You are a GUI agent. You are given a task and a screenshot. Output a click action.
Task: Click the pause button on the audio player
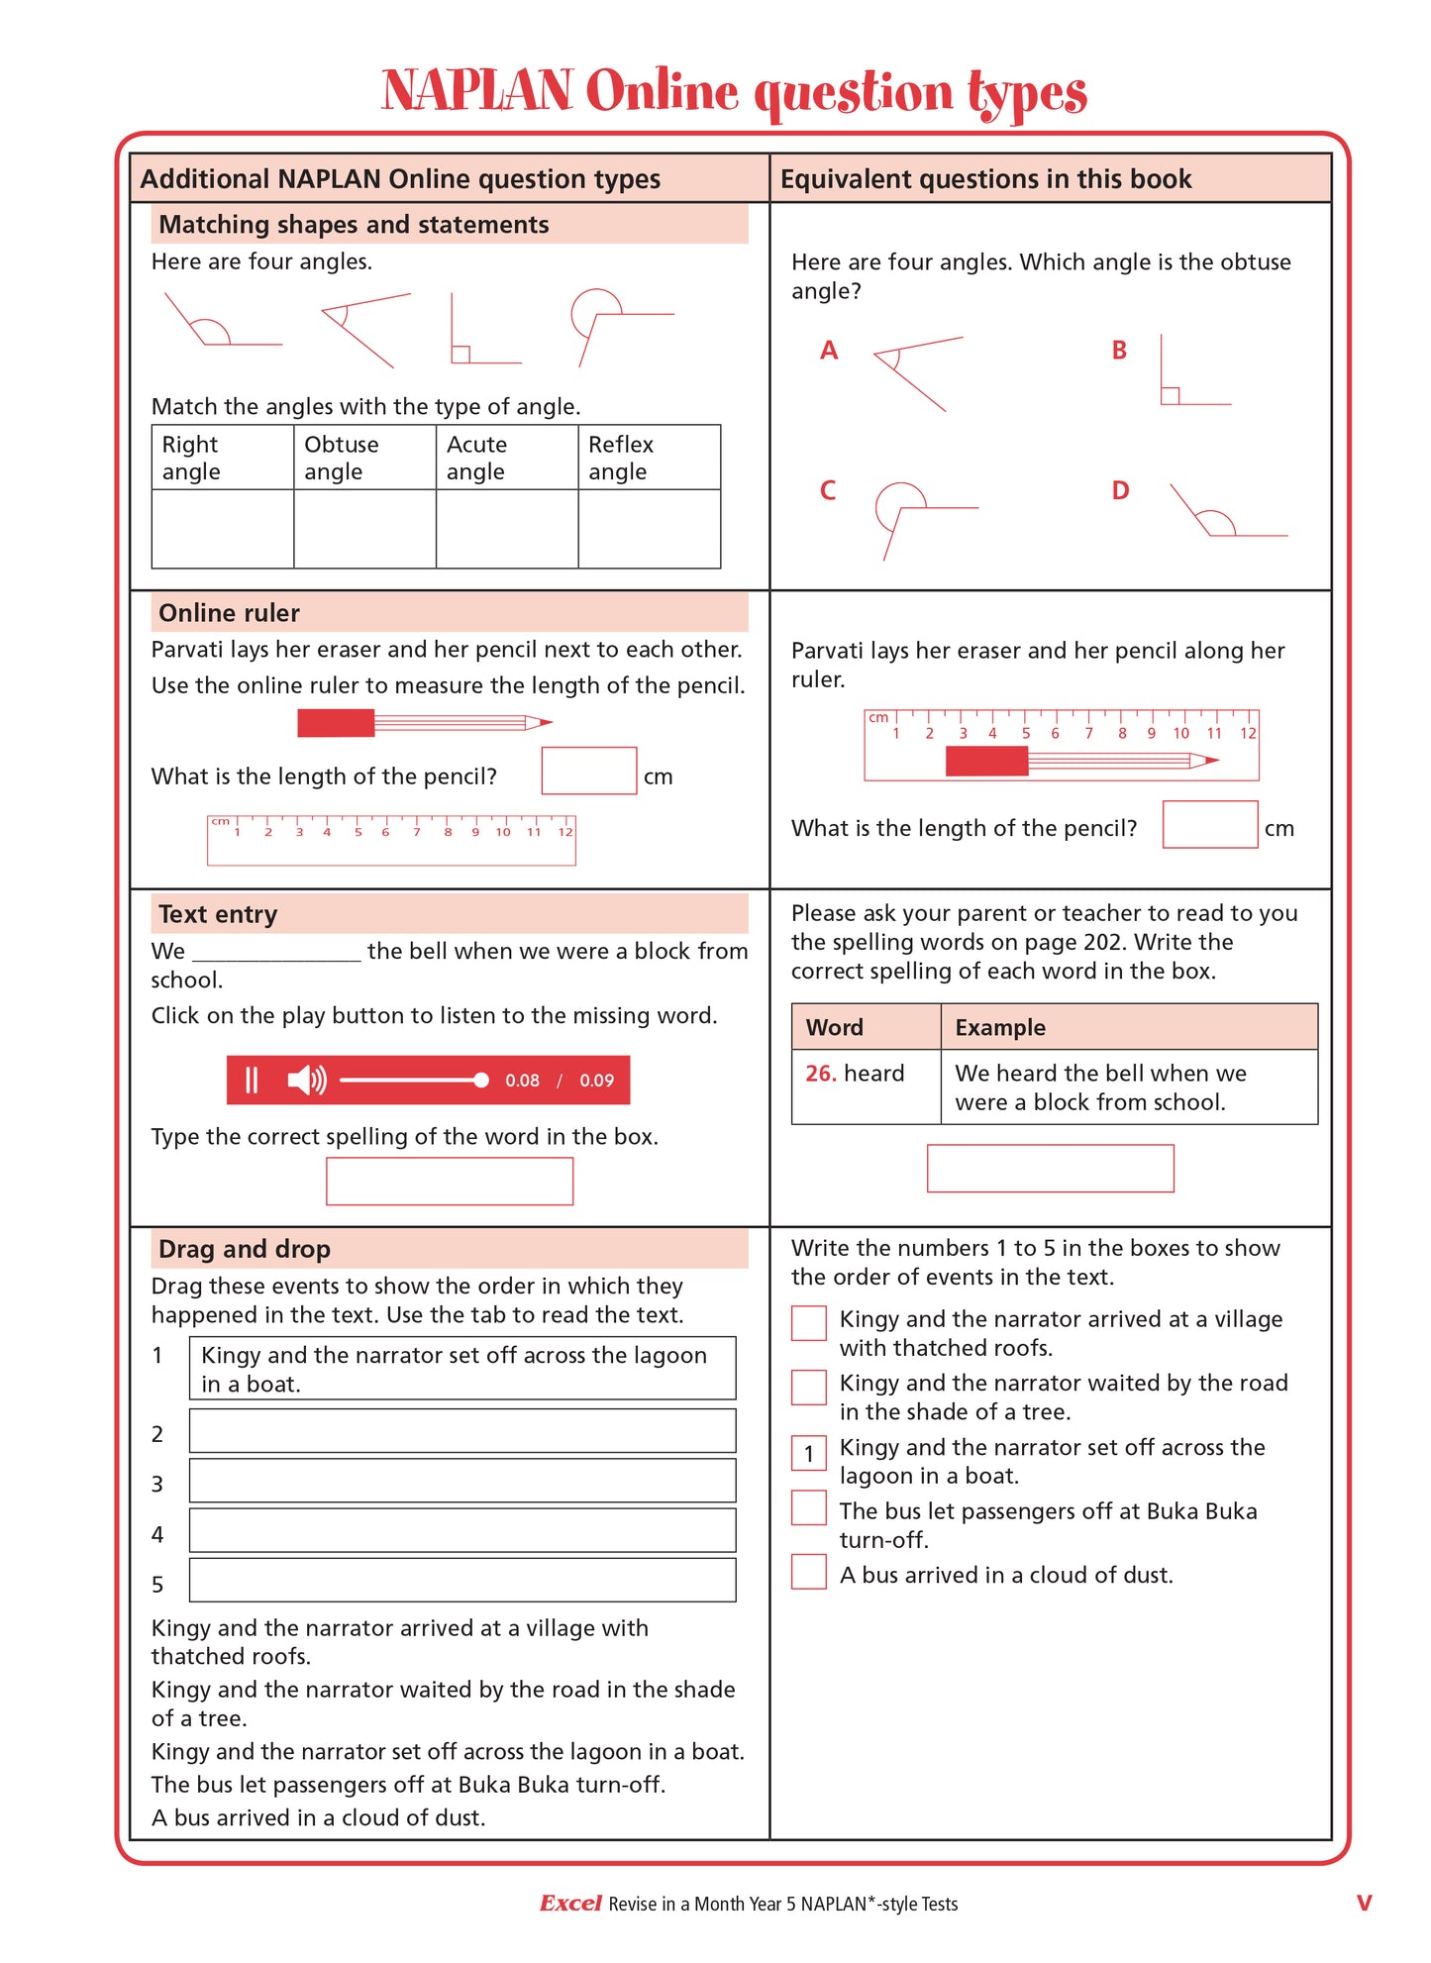252,1080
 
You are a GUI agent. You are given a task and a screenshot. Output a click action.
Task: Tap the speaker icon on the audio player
306,1080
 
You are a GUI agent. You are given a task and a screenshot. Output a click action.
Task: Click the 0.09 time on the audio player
596,1081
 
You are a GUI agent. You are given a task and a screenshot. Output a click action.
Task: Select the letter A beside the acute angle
829,350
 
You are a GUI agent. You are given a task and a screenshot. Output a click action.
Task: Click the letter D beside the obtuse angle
1120,490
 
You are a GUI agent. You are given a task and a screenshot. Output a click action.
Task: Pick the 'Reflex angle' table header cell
649,458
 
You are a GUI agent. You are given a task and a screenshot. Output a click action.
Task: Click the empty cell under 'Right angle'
222,528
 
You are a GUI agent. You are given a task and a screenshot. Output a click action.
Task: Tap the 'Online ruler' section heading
229,613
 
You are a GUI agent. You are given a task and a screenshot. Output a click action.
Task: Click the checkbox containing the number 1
808,1453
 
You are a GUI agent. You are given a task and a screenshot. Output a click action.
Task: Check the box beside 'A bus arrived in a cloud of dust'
808,1572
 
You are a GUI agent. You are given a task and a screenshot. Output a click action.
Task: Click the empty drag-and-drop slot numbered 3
461,1481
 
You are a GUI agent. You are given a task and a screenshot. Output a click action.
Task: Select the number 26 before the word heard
820,1074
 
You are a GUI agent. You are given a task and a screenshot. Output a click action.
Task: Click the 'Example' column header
999,1027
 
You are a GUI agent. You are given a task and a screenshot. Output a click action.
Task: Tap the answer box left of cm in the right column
1209,824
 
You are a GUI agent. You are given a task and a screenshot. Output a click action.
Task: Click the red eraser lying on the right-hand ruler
986,761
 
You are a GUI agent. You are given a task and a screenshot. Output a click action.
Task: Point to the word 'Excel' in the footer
570,1903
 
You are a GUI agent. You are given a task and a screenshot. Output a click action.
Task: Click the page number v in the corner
1364,1903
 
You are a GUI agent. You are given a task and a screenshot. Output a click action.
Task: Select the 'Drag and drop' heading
244,1249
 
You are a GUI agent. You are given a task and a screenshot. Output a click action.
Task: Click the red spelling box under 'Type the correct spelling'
450,1181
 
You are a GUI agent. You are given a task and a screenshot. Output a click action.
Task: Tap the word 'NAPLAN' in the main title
477,91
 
